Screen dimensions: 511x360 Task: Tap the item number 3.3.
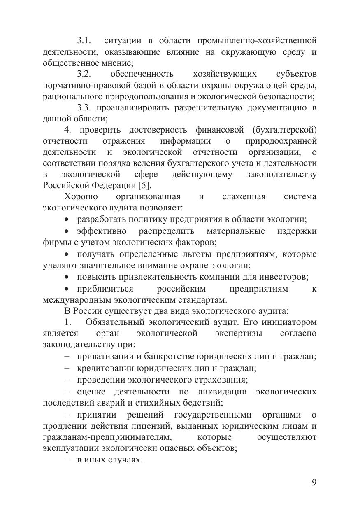tap(85, 108)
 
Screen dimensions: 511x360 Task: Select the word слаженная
tap(244, 197)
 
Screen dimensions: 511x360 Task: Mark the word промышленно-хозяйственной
tap(257, 40)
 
